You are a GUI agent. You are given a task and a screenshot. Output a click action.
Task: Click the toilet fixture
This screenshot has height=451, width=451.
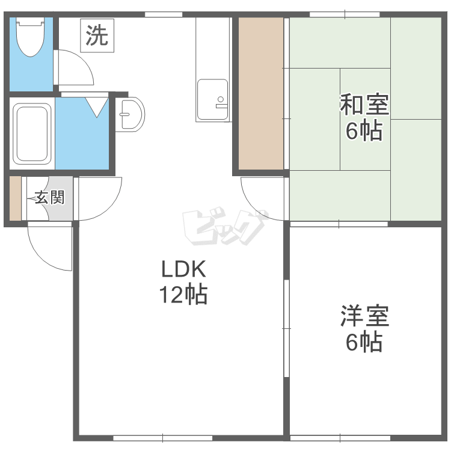click(x=30, y=36)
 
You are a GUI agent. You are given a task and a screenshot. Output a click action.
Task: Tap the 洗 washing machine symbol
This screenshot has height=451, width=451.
click(x=97, y=35)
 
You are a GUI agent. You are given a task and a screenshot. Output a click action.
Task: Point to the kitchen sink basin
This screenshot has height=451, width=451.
click(x=212, y=99)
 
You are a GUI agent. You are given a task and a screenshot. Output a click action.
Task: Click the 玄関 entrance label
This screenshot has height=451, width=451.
click(x=49, y=198)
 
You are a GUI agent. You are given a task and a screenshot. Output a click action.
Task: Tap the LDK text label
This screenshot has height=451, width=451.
click(x=184, y=269)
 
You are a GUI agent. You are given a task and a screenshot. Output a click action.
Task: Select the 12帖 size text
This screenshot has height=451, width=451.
click(x=183, y=294)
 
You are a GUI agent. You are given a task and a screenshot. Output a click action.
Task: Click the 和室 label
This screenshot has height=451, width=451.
click(x=364, y=105)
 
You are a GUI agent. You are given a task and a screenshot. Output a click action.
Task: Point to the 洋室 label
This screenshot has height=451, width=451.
click(x=365, y=316)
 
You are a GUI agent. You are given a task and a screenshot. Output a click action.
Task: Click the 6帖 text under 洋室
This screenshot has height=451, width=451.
click(x=364, y=342)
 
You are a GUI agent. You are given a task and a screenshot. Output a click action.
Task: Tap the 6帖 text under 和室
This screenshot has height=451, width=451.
click(x=364, y=131)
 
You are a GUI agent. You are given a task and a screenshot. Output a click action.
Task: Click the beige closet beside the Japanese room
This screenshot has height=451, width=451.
click(x=261, y=93)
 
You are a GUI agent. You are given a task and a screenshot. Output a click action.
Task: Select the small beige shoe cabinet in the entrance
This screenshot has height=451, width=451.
click(x=15, y=198)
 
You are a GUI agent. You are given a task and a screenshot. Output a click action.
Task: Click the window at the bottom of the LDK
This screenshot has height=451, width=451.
click(x=163, y=438)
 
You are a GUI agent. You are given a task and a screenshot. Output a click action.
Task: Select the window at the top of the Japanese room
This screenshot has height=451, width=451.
click(x=345, y=14)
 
